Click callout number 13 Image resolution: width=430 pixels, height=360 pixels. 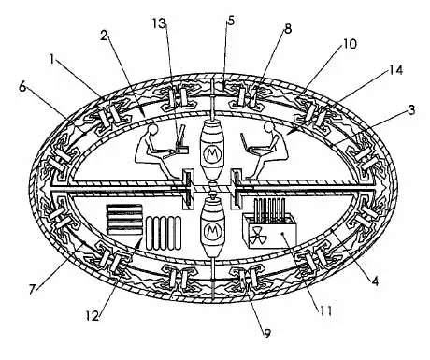(x=160, y=23)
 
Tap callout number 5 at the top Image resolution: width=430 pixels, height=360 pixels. (x=231, y=21)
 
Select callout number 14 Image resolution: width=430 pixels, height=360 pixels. (x=395, y=70)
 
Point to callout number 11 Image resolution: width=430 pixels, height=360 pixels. (x=325, y=311)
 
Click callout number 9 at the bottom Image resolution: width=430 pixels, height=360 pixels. (x=267, y=334)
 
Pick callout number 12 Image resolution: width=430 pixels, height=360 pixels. (x=93, y=316)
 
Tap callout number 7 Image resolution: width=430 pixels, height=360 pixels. (x=32, y=289)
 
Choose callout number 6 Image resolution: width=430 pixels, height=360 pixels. (x=22, y=87)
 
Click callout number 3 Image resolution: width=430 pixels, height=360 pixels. (x=411, y=110)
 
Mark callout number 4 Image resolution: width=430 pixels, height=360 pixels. (x=375, y=281)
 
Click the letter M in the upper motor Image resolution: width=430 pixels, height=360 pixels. (x=213, y=153)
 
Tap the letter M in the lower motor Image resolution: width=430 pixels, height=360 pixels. (x=213, y=231)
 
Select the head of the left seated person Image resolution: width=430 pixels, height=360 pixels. (x=153, y=129)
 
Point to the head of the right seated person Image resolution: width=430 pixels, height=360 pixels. (x=268, y=127)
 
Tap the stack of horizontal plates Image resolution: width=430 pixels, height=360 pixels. (x=124, y=220)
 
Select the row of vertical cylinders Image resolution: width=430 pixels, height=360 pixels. (x=164, y=233)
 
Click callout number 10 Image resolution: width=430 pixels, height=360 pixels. (x=350, y=44)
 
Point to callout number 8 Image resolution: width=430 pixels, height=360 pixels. (x=287, y=29)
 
